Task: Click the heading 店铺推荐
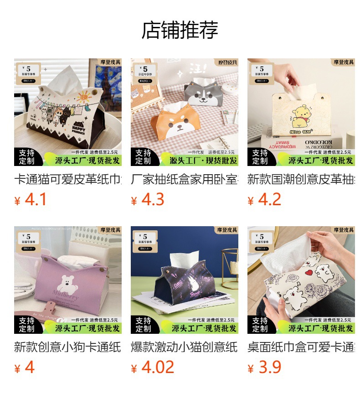click(x=180, y=30)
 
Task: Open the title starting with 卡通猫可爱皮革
click(x=68, y=179)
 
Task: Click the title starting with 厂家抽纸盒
click(x=185, y=179)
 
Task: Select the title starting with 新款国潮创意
click(x=301, y=179)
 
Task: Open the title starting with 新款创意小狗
click(x=68, y=347)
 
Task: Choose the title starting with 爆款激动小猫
click(x=185, y=347)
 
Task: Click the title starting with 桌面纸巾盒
click(x=301, y=347)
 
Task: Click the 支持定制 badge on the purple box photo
click(x=27, y=325)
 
